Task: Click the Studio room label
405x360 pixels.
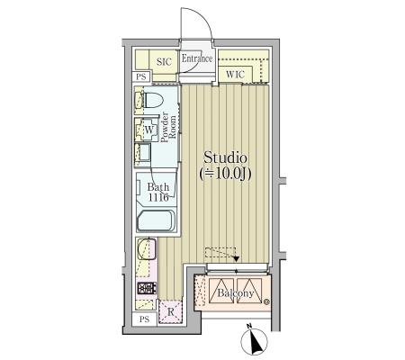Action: (x=225, y=157)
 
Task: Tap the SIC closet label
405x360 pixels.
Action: (x=164, y=62)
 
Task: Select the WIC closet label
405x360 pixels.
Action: (x=235, y=74)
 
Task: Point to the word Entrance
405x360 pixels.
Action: (x=197, y=58)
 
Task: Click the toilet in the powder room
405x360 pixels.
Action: (x=151, y=100)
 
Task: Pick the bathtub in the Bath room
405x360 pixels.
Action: (x=157, y=220)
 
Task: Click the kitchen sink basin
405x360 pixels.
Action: (x=147, y=249)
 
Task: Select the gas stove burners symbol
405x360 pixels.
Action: (x=147, y=288)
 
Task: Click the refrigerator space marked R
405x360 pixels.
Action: (x=170, y=311)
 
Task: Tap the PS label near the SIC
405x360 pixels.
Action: (x=141, y=76)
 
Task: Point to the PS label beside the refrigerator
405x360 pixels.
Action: (x=144, y=319)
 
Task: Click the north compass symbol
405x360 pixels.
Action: (x=254, y=340)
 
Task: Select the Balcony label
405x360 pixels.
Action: (x=236, y=293)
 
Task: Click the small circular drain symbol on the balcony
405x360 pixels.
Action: (x=266, y=302)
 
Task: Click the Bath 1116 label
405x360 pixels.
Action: (x=158, y=193)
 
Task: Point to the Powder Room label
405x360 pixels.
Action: (x=168, y=127)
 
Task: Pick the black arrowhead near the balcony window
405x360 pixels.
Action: (x=237, y=258)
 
